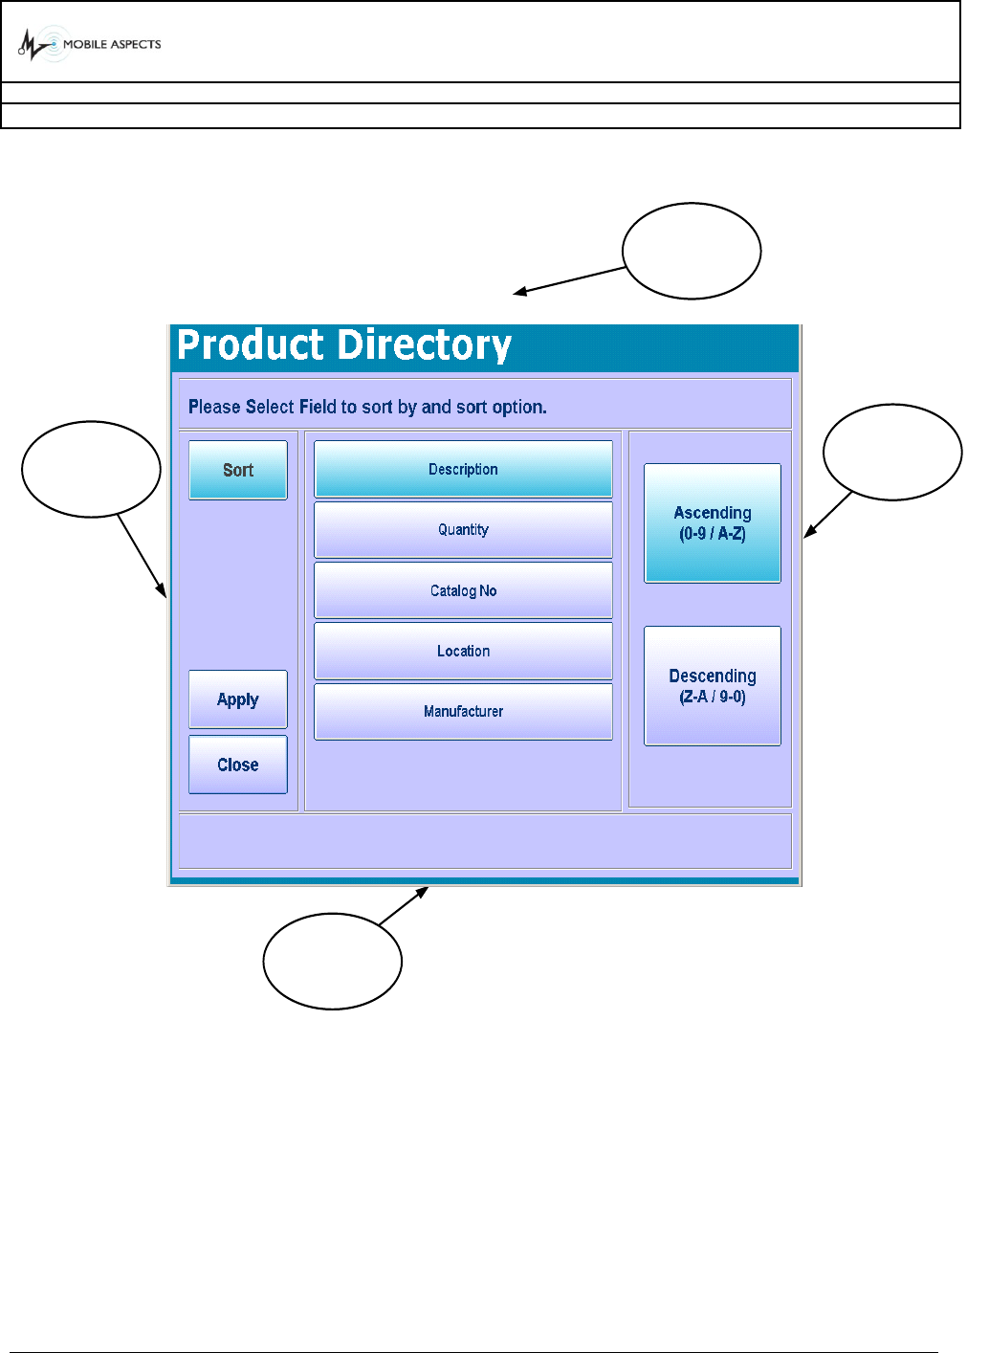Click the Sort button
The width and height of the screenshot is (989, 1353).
tap(238, 470)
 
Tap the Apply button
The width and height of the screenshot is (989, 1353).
tap(238, 699)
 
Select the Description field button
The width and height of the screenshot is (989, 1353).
tap(463, 469)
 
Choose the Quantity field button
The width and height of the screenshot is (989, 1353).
tap(463, 530)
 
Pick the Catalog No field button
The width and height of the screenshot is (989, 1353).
tap(463, 590)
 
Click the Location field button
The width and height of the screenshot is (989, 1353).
tap(463, 651)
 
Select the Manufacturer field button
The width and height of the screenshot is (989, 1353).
tap(463, 711)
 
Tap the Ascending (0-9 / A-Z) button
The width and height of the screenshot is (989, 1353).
tap(713, 523)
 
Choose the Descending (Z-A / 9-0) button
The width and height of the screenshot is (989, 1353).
tap(713, 686)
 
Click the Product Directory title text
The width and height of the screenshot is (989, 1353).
tap(344, 345)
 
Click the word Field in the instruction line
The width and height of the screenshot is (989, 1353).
tap(318, 407)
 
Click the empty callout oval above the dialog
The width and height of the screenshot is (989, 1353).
tap(692, 251)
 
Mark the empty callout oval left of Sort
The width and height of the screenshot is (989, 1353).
tap(91, 469)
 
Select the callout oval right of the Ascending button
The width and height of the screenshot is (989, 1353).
tap(892, 452)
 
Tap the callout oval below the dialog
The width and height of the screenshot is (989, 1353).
tap(333, 961)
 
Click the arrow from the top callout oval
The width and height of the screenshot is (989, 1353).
tap(570, 281)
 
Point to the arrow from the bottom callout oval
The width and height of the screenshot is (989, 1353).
tap(404, 906)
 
